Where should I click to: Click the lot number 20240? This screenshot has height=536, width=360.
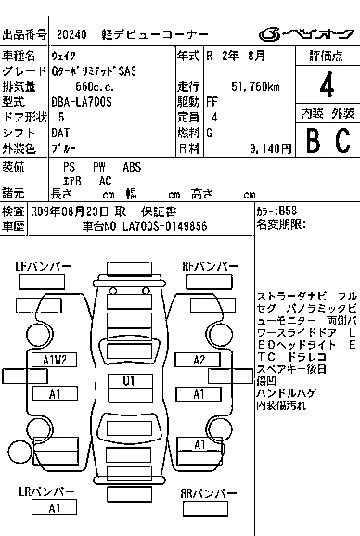pos(71,35)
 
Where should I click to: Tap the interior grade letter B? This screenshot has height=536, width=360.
pos(312,140)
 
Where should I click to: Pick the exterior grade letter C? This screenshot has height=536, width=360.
pos(342,140)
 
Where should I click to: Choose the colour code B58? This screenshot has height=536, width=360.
pos(289,211)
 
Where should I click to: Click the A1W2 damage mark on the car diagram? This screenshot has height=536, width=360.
pos(55,359)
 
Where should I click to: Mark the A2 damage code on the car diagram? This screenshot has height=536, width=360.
pos(199,359)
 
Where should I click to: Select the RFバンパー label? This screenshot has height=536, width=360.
pos(209,267)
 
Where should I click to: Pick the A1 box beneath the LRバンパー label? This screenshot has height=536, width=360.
pos(55,508)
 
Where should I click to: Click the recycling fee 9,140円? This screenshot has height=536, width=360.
pos(256,147)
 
